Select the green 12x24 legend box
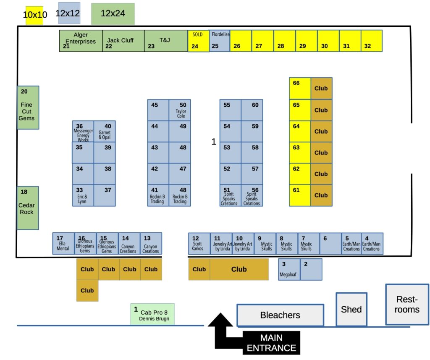[x=113, y=14]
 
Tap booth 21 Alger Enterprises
[x=81, y=41]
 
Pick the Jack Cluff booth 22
[x=123, y=41]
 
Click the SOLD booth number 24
[x=198, y=41]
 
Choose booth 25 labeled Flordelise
[x=220, y=41]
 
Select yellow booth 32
[x=372, y=41]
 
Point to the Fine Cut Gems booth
[x=28, y=108]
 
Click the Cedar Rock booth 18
[x=27, y=208]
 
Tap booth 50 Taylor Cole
[x=180, y=110]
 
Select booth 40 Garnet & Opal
[x=104, y=131]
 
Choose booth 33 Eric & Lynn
[x=83, y=195]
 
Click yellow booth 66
[x=300, y=88]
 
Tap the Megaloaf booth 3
[x=289, y=269]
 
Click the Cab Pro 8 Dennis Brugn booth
[x=152, y=314]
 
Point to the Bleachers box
[x=280, y=315]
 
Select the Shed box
[x=351, y=309]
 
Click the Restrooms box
[x=407, y=305]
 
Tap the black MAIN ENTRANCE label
[x=271, y=342]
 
